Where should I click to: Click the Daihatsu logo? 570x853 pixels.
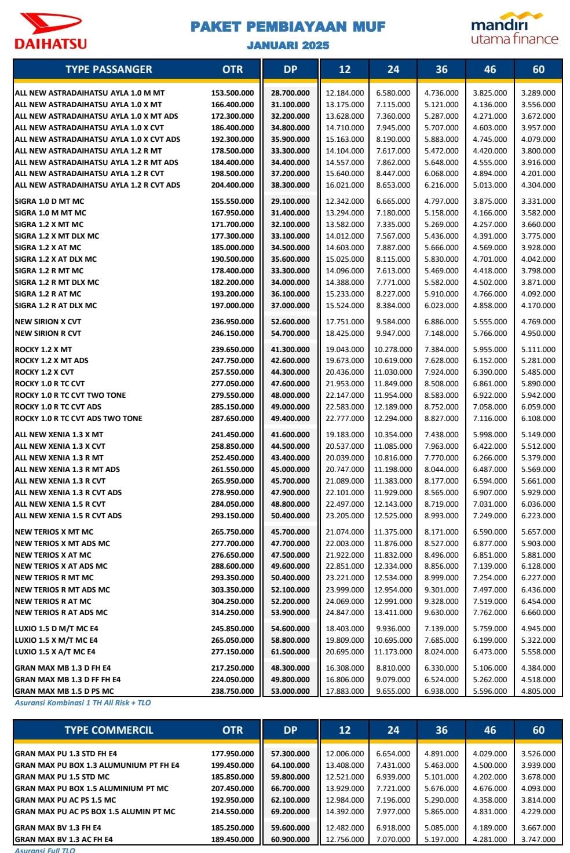pyautogui.click(x=50, y=31)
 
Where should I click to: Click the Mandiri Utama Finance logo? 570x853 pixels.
pyautogui.click(x=514, y=30)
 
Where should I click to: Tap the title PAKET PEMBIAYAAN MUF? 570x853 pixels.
pyautogui.click(x=288, y=27)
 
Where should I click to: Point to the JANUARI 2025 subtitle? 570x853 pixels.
pyautogui.click(x=288, y=45)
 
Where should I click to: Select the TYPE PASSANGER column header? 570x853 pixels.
pyautogui.click(x=108, y=69)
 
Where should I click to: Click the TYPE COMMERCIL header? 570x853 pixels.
pyautogui.click(x=109, y=730)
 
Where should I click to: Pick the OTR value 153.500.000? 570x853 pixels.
pyautogui.click(x=232, y=93)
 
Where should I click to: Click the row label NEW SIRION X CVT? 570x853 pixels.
pyautogui.click(x=48, y=321)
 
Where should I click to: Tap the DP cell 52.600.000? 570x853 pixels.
pyautogui.click(x=290, y=321)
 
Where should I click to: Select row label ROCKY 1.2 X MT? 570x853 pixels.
pyautogui.click(x=43, y=349)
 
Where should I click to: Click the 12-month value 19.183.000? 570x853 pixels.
pyautogui.click(x=345, y=434)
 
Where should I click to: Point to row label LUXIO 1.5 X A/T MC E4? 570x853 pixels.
pyautogui.click(x=56, y=651)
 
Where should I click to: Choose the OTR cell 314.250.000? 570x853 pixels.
pyautogui.click(x=232, y=612)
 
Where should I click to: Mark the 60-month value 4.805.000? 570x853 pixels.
pyautogui.click(x=538, y=691)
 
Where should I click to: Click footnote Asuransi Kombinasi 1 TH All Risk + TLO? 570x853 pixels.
pyautogui.click(x=83, y=702)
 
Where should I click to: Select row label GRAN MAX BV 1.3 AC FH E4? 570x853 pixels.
pyautogui.click(x=64, y=839)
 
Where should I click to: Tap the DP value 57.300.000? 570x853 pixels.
pyautogui.click(x=290, y=753)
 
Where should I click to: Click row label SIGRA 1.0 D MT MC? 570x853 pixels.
pyautogui.click(x=49, y=201)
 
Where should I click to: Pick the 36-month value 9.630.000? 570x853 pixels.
pyautogui.click(x=441, y=612)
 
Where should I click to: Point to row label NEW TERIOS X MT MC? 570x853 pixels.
pyautogui.click(x=54, y=532)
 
